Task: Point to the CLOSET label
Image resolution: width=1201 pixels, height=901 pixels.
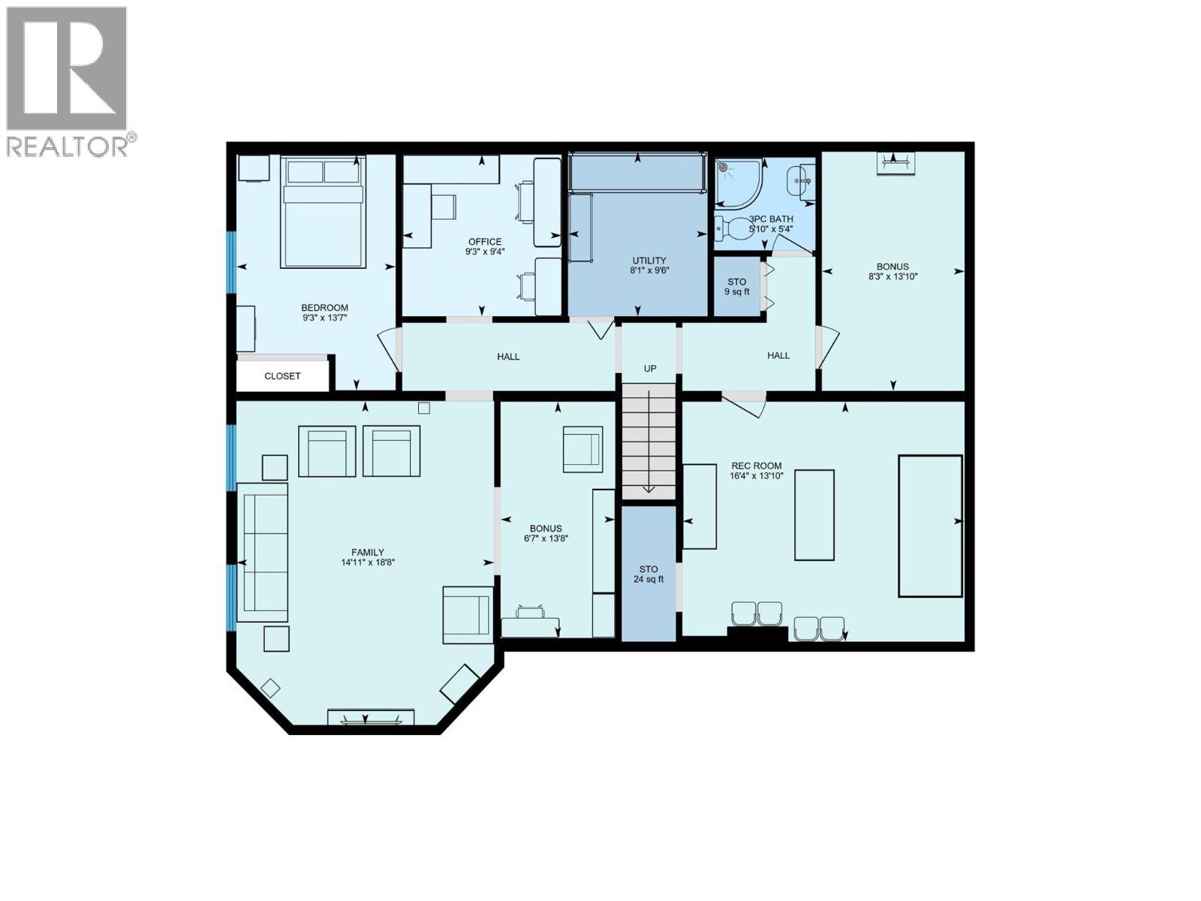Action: (282, 376)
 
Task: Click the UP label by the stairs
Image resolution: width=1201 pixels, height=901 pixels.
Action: (650, 369)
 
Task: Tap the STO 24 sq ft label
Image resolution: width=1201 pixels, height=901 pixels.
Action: (649, 574)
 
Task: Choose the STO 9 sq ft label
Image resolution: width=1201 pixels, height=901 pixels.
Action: (736, 287)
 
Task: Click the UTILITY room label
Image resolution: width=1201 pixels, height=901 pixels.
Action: (649, 261)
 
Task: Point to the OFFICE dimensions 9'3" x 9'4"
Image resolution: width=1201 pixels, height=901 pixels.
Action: (484, 252)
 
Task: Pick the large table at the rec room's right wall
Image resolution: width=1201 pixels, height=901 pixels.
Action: (930, 526)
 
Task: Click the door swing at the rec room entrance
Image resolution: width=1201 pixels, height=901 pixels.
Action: (747, 403)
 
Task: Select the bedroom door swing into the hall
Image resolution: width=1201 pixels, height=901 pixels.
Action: (390, 349)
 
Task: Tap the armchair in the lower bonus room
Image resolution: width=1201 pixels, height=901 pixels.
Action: (582, 449)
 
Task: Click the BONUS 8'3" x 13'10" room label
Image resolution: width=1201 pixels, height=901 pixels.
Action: (892, 267)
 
